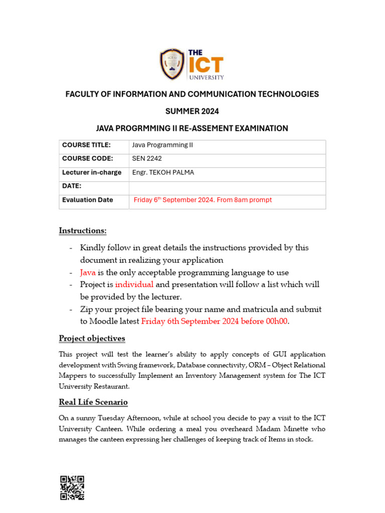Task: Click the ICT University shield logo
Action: coord(172,64)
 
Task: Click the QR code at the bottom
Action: coord(72,487)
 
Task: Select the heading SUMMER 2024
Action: coord(192,111)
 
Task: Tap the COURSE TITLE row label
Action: coord(86,145)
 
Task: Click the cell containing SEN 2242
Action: coord(147,159)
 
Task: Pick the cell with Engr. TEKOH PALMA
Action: coord(162,173)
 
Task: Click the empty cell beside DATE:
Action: coord(227,186)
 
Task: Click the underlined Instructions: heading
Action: coord(83,230)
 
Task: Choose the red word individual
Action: coord(134,285)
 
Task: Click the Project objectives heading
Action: coord(92,338)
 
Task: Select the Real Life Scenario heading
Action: coord(93,402)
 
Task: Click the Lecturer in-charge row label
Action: coord(92,173)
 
